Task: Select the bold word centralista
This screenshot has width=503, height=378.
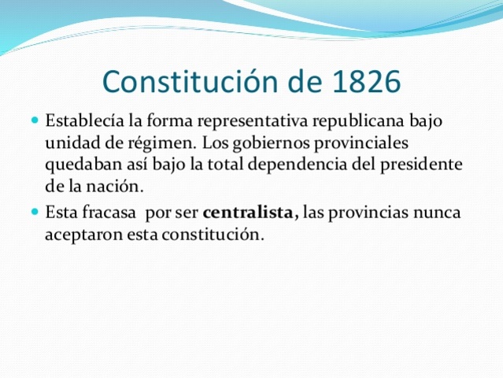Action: click(249, 213)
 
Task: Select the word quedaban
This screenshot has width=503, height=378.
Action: click(80, 166)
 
